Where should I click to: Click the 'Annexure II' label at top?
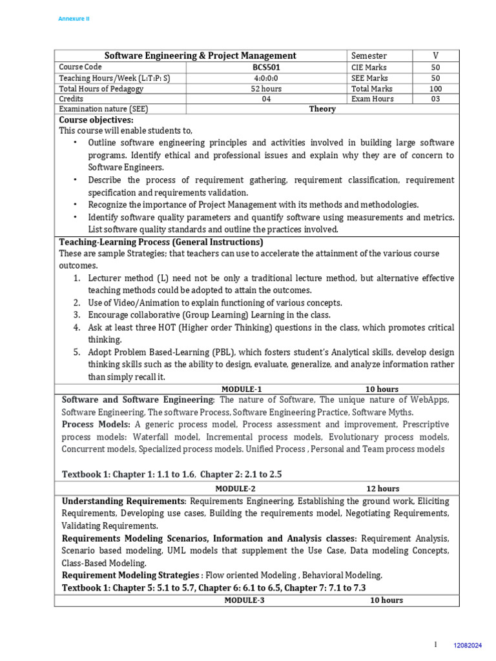tap(74, 19)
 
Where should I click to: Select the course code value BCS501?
tap(266, 66)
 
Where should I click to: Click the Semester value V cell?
tap(435, 56)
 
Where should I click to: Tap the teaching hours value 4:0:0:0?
tap(266, 77)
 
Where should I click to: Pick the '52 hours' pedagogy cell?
tap(266, 88)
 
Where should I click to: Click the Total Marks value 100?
tap(435, 88)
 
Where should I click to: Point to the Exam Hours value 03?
tap(435, 99)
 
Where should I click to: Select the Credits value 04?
tap(266, 99)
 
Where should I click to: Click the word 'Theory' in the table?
tap(322, 109)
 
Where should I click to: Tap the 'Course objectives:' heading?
tap(96, 120)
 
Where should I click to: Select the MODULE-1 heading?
tap(242, 389)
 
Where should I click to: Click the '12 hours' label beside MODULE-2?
tap(383, 489)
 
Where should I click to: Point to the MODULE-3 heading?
tap(244, 600)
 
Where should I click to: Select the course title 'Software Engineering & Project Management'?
tap(200, 56)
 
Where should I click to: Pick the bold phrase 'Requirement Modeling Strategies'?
tap(130, 575)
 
